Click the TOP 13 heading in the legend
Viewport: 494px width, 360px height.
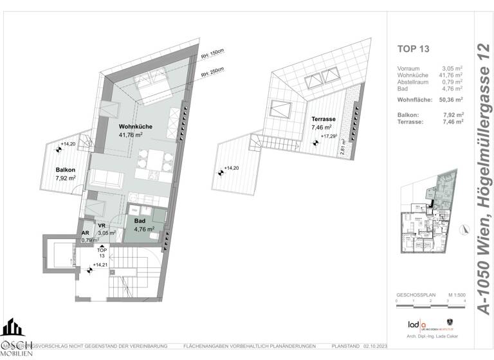(x=414, y=48)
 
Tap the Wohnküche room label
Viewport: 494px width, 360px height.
(x=135, y=127)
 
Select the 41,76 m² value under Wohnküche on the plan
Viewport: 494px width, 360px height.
(x=135, y=136)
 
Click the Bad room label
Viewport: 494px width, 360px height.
(x=140, y=220)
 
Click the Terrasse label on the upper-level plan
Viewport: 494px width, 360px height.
(x=324, y=120)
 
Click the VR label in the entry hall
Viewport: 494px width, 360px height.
(x=102, y=226)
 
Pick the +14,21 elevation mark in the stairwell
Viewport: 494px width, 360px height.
(x=100, y=265)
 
